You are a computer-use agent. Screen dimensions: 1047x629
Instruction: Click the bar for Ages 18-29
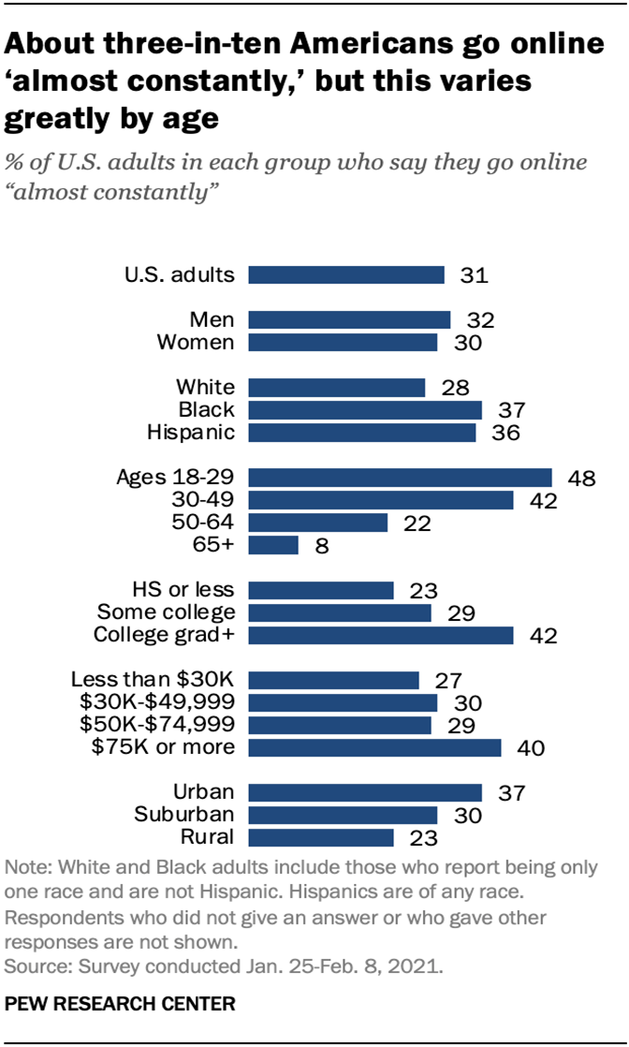401,478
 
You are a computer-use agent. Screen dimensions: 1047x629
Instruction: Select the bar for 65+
273,545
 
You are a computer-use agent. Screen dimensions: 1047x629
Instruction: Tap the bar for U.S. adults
346,274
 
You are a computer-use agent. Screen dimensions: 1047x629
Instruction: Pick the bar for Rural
321,837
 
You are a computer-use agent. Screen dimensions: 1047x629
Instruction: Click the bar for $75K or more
375,747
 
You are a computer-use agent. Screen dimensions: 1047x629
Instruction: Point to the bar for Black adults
365,409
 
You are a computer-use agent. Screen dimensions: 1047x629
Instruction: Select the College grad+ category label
165,635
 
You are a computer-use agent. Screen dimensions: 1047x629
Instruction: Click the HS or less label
183,589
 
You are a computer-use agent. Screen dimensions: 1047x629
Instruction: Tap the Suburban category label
183,814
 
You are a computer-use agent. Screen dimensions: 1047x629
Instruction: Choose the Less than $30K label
153,680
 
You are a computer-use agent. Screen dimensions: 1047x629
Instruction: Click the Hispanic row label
191,432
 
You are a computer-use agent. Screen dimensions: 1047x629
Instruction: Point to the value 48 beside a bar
581,479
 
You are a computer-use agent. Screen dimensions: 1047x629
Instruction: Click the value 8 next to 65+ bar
320,546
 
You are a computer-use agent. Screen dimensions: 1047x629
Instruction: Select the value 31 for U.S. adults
475,275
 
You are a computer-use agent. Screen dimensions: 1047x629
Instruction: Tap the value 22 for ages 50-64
417,523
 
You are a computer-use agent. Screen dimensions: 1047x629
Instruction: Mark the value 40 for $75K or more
531,748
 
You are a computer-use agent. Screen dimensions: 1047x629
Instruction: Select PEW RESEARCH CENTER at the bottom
121,1004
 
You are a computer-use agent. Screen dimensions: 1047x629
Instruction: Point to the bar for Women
344,342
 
